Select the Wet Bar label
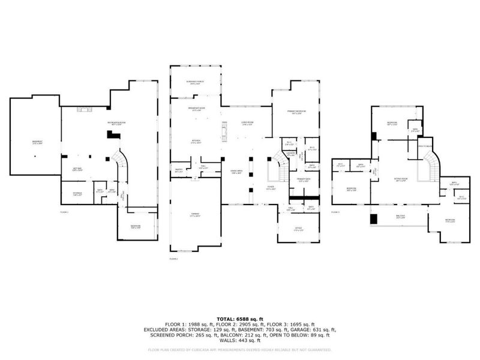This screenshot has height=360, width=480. tap(77, 169)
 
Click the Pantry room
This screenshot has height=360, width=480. tap(178, 170)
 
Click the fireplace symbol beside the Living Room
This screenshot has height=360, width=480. tap(225, 130)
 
